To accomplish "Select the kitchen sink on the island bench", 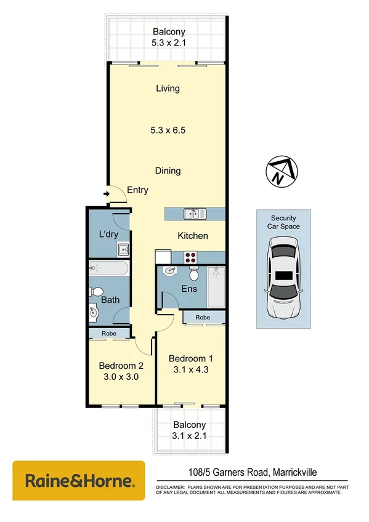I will (195, 214).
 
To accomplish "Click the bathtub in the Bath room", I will (109, 268).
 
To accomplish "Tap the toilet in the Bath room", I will (95, 292).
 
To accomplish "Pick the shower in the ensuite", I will (217, 286).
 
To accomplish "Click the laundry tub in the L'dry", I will (123, 249).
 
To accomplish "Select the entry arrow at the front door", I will (107, 195).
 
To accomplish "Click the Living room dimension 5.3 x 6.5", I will (168, 130).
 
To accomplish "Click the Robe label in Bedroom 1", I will (205, 318).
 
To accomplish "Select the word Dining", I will (168, 171).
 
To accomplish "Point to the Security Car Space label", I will (284, 222).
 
